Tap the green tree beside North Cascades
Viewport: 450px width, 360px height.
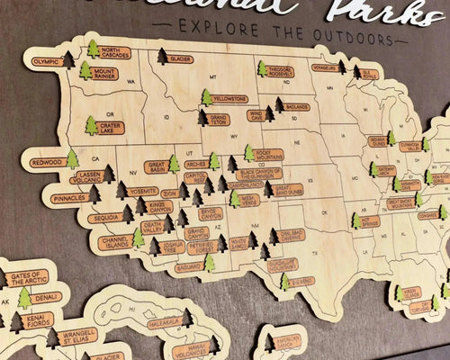93,48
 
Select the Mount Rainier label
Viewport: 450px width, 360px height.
105,73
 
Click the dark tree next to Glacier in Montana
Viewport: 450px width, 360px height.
162,57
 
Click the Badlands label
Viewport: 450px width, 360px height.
297,106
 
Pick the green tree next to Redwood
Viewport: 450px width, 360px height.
72,159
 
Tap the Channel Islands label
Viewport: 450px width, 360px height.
115,243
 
